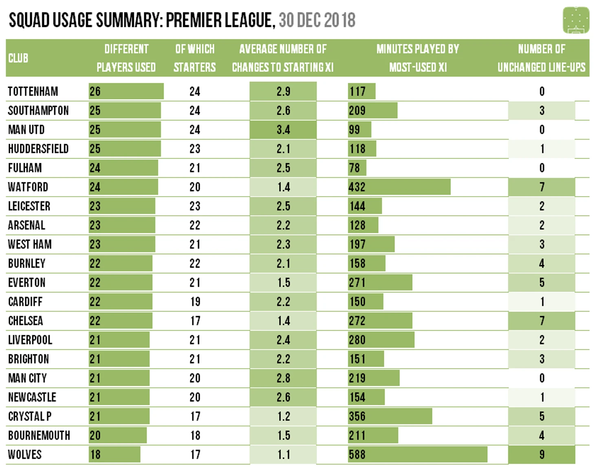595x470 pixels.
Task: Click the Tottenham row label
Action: point(33,92)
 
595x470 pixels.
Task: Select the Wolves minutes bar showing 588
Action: point(417,455)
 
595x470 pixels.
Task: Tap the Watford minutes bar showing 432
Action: point(399,187)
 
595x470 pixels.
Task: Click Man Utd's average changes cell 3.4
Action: point(283,130)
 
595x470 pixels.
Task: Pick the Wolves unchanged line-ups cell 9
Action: point(542,455)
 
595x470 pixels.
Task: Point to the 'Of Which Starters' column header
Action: point(194,58)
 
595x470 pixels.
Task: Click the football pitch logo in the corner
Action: point(575,20)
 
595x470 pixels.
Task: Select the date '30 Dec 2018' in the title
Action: point(317,20)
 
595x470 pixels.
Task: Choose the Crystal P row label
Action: point(30,416)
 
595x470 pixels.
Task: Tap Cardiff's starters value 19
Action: point(195,302)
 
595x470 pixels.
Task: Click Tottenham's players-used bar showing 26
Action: point(126,92)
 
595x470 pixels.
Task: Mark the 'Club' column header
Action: point(18,58)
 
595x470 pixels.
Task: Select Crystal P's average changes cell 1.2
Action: point(283,416)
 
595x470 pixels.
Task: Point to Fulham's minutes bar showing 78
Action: point(357,168)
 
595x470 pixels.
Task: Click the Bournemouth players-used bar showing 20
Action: point(117,435)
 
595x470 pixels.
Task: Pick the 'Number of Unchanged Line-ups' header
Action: point(541,58)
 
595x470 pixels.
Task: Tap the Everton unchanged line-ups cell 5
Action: point(542,283)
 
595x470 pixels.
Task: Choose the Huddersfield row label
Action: point(38,149)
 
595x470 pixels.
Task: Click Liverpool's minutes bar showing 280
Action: point(381,340)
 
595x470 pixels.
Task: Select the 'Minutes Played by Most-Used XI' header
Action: point(418,58)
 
